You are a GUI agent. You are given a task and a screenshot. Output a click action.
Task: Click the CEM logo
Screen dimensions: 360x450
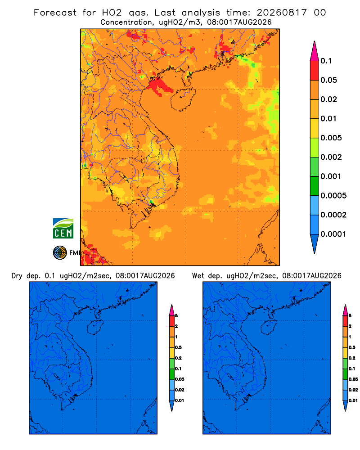pyautogui.click(x=63, y=228)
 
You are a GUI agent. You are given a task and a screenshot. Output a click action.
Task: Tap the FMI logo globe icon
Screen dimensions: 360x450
pyautogui.click(x=60, y=252)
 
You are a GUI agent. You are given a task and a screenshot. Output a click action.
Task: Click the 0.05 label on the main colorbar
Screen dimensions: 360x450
pyautogui.click(x=328, y=80)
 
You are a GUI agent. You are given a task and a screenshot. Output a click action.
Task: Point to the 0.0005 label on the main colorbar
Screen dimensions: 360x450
pyautogui.click(x=333, y=195)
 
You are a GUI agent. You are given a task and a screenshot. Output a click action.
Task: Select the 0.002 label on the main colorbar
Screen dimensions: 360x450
pyautogui.click(x=331, y=157)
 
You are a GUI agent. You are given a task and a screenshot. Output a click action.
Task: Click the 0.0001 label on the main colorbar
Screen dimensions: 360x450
pyautogui.click(x=333, y=234)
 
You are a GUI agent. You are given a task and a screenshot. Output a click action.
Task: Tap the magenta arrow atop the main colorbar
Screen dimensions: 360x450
pyautogui.click(x=315, y=51)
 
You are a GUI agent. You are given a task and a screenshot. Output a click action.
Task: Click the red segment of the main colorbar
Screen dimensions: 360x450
pyautogui.click(x=315, y=70)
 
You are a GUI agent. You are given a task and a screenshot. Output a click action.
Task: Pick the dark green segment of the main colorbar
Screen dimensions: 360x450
pyautogui.click(x=315, y=186)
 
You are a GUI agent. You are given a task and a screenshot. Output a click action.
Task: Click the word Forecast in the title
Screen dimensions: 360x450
pyautogui.click(x=55, y=13)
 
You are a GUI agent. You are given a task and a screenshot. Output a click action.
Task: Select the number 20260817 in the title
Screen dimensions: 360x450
pyautogui.click(x=282, y=13)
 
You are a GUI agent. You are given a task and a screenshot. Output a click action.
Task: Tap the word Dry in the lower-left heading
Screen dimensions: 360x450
pyautogui.click(x=17, y=276)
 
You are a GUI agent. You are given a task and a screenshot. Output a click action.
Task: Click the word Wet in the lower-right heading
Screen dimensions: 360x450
pyautogui.click(x=198, y=276)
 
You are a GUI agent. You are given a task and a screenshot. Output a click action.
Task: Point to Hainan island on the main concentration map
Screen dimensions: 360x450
pyautogui.click(x=183, y=99)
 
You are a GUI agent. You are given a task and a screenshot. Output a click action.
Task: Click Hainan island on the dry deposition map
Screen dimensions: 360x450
pyautogui.click(x=95, y=327)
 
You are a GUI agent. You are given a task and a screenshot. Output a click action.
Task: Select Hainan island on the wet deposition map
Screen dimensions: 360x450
pyautogui.click(x=269, y=327)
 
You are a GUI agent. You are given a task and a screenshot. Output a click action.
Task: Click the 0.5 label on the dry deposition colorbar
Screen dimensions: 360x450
pyautogui.click(x=178, y=347)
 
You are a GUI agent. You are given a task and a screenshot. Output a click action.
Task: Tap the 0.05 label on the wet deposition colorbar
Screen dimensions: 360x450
pyautogui.click(x=353, y=379)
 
